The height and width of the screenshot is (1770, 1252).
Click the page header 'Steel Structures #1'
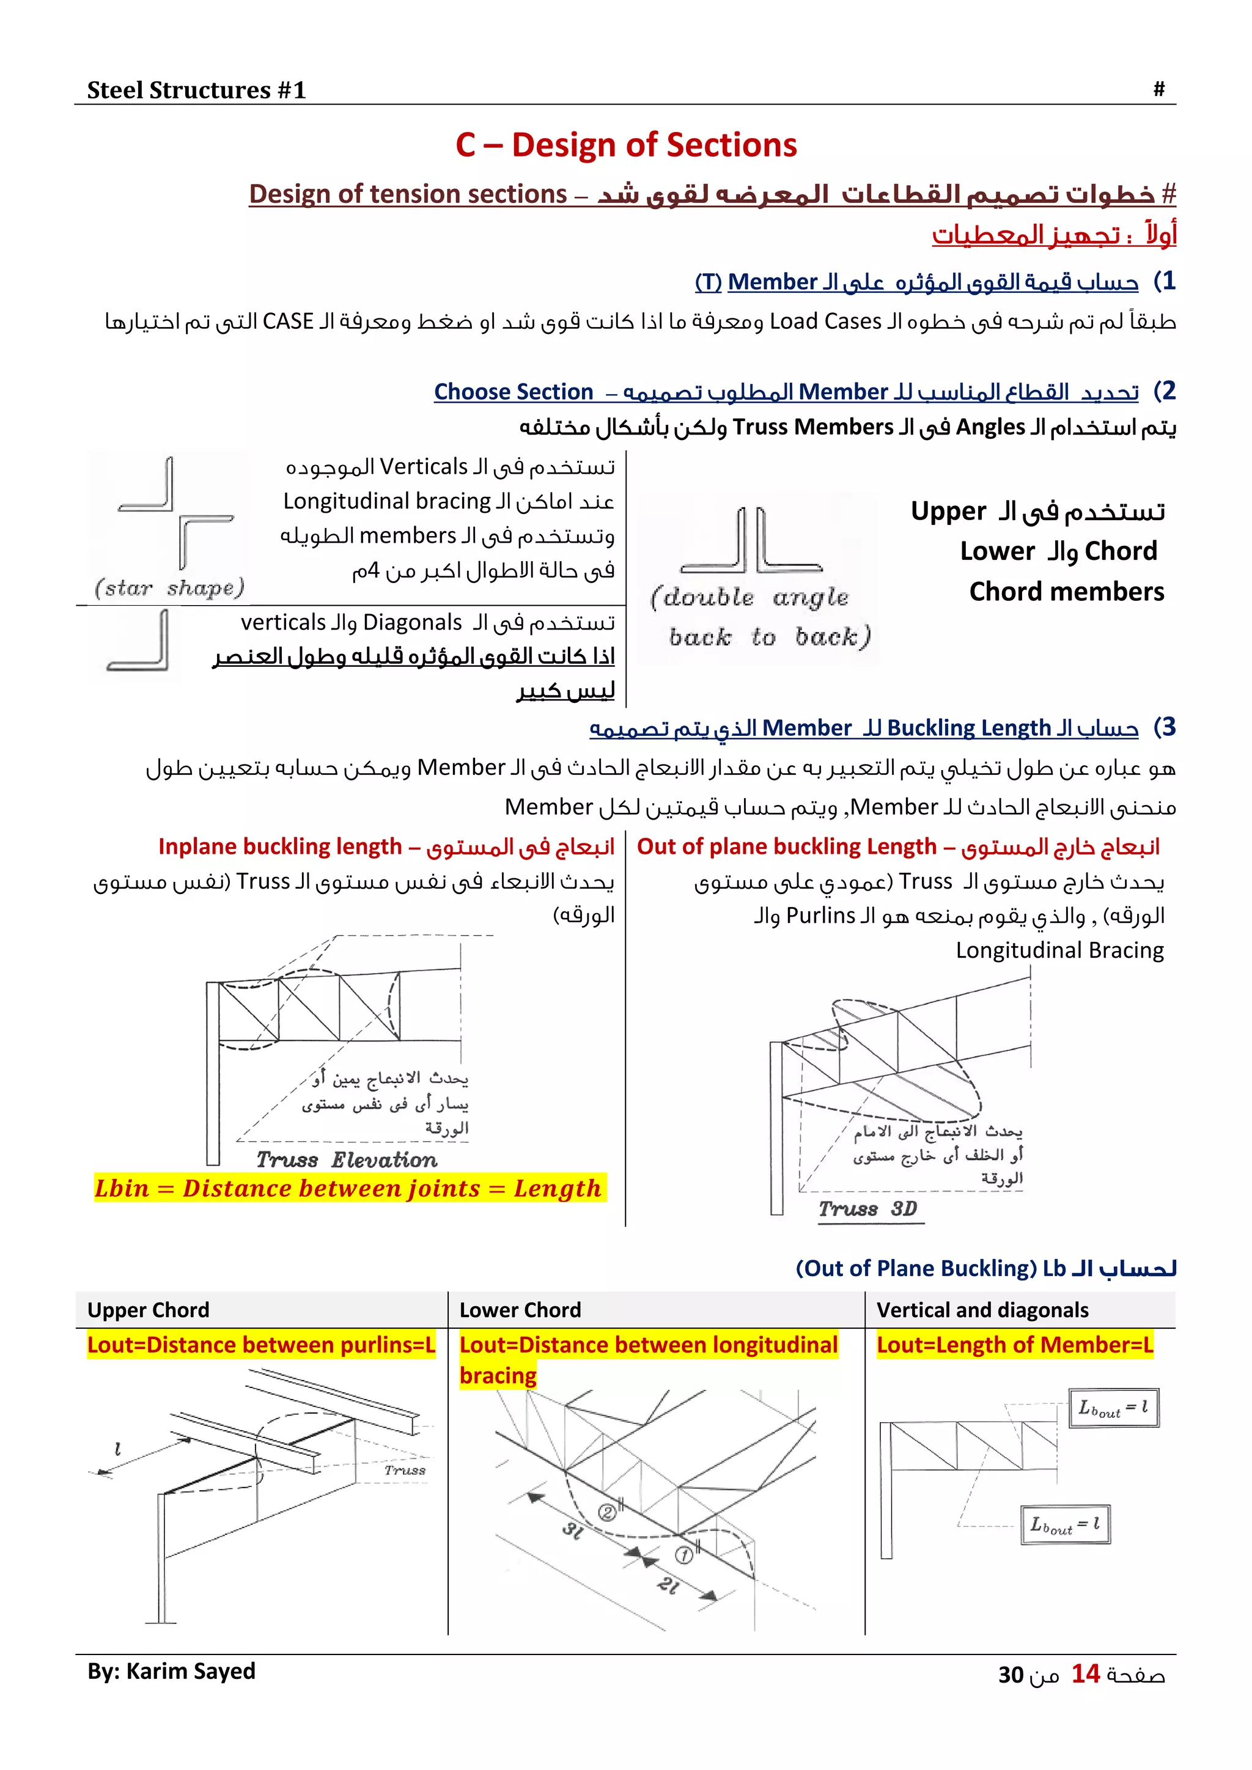point(196,90)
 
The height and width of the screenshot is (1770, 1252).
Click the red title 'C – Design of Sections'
point(626,145)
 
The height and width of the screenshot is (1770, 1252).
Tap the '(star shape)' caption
point(169,588)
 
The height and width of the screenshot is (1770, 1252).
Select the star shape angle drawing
point(176,513)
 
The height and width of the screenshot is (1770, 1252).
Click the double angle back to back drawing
point(753,541)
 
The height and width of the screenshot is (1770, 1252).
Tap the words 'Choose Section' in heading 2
point(514,392)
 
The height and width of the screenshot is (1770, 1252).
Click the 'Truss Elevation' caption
point(346,1160)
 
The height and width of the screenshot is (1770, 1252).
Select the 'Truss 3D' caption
point(867,1209)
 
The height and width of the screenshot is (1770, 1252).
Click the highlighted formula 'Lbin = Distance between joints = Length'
point(348,1189)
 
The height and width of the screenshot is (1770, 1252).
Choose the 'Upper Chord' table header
point(148,1310)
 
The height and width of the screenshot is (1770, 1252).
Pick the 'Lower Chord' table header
point(520,1310)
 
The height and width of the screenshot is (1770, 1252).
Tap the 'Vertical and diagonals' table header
point(982,1310)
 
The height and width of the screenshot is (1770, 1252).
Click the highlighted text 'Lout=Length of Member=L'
point(1015,1345)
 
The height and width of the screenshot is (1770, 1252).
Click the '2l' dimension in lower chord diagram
point(668,1586)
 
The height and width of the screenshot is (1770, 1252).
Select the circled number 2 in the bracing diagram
point(608,1513)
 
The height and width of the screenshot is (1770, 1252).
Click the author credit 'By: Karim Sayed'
point(171,1672)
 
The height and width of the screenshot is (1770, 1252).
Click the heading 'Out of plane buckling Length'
point(786,846)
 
